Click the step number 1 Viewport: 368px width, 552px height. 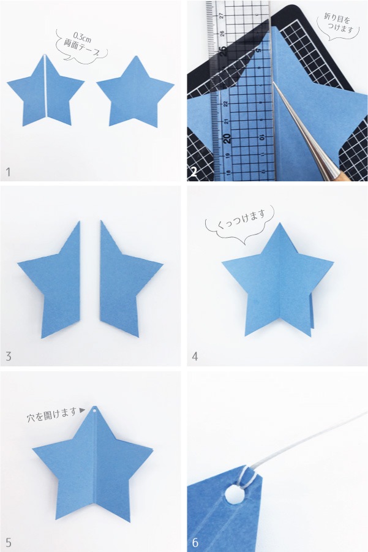click(x=9, y=172)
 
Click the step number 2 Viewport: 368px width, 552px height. click(x=193, y=172)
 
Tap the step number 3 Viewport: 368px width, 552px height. click(x=9, y=357)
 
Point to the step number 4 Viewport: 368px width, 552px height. click(x=195, y=357)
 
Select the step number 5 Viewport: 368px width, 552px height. click(x=9, y=542)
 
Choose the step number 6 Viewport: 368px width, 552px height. click(x=195, y=542)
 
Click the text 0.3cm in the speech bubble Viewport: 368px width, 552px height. click(x=82, y=37)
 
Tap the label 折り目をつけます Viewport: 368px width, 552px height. click(x=339, y=23)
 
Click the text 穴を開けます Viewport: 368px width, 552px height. click(x=51, y=414)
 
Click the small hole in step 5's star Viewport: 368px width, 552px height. click(x=95, y=410)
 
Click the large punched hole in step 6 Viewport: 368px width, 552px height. click(x=233, y=494)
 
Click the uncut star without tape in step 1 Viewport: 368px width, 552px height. click(x=135, y=93)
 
